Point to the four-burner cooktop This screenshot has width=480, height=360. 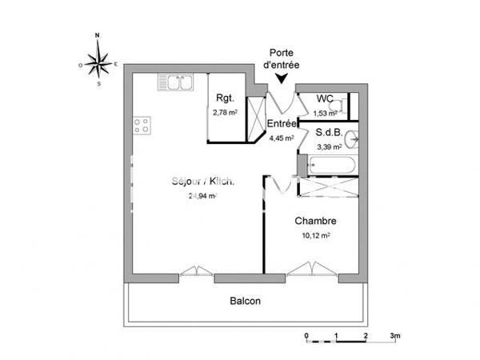point(142,125)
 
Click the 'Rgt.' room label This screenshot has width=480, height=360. point(224,98)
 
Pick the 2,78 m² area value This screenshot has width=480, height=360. point(225,113)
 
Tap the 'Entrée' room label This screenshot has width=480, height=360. point(282,124)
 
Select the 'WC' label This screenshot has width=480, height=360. point(325,98)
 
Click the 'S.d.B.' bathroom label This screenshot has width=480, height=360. point(329,133)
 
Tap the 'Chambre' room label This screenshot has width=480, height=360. point(314,221)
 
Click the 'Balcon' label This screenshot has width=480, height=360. point(246,302)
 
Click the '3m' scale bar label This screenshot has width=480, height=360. point(394,334)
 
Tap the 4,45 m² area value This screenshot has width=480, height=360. point(282,138)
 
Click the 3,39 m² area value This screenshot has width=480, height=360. point(329,146)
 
